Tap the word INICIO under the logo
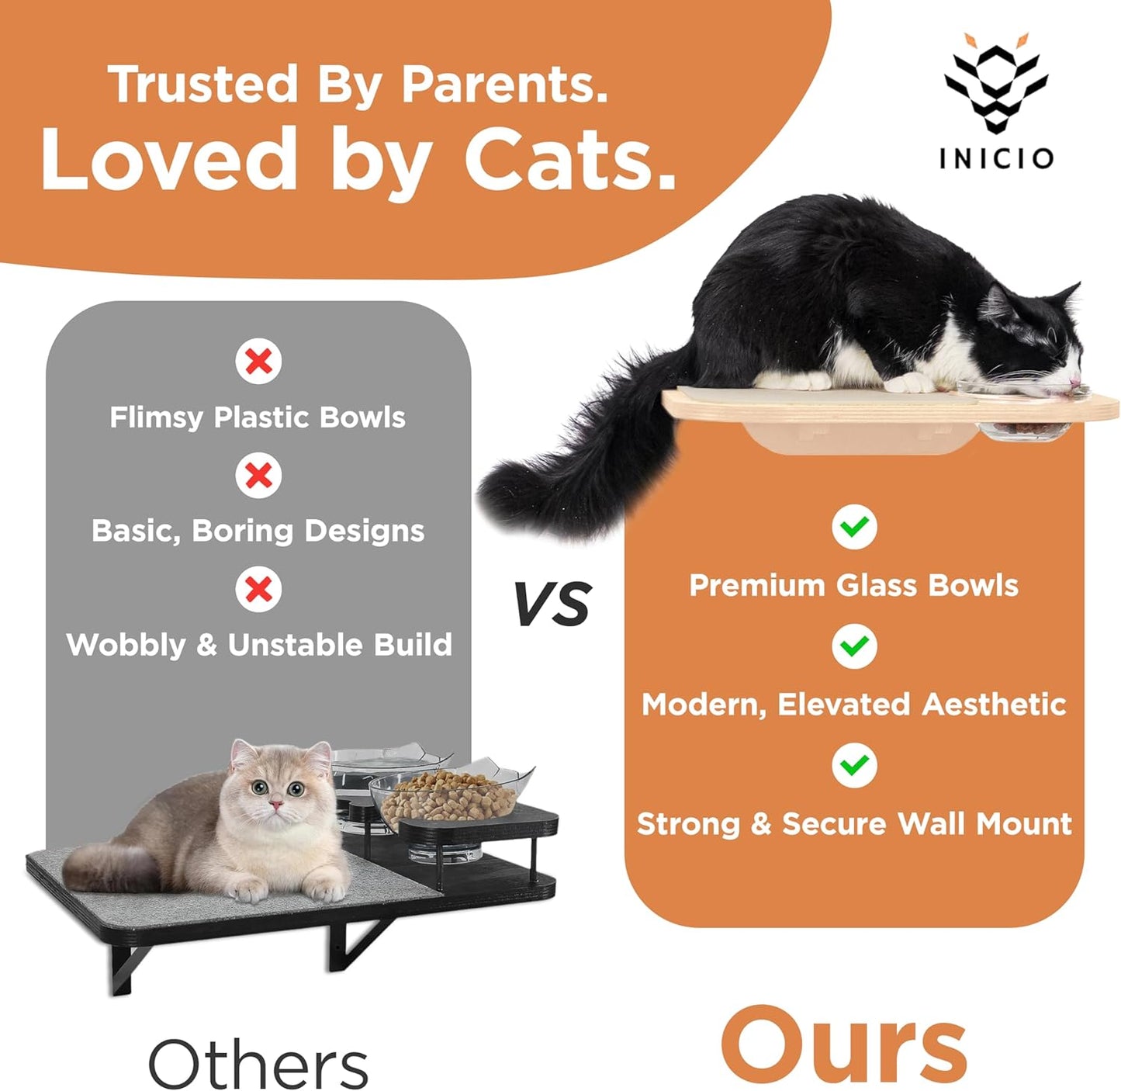pyautogui.click(x=996, y=158)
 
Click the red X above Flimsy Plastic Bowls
pyautogui.click(x=258, y=361)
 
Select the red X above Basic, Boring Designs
pyautogui.click(x=258, y=475)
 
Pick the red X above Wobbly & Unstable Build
pyautogui.click(x=258, y=589)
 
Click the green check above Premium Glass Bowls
pyautogui.click(x=854, y=527)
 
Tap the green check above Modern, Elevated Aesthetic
pyautogui.click(x=854, y=646)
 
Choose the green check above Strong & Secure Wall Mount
pyautogui.click(x=854, y=765)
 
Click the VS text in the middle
pyautogui.click(x=552, y=604)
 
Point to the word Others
pyautogui.click(x=258, y=1064)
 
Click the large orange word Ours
pyautogui.click(x=843, y=1045)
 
